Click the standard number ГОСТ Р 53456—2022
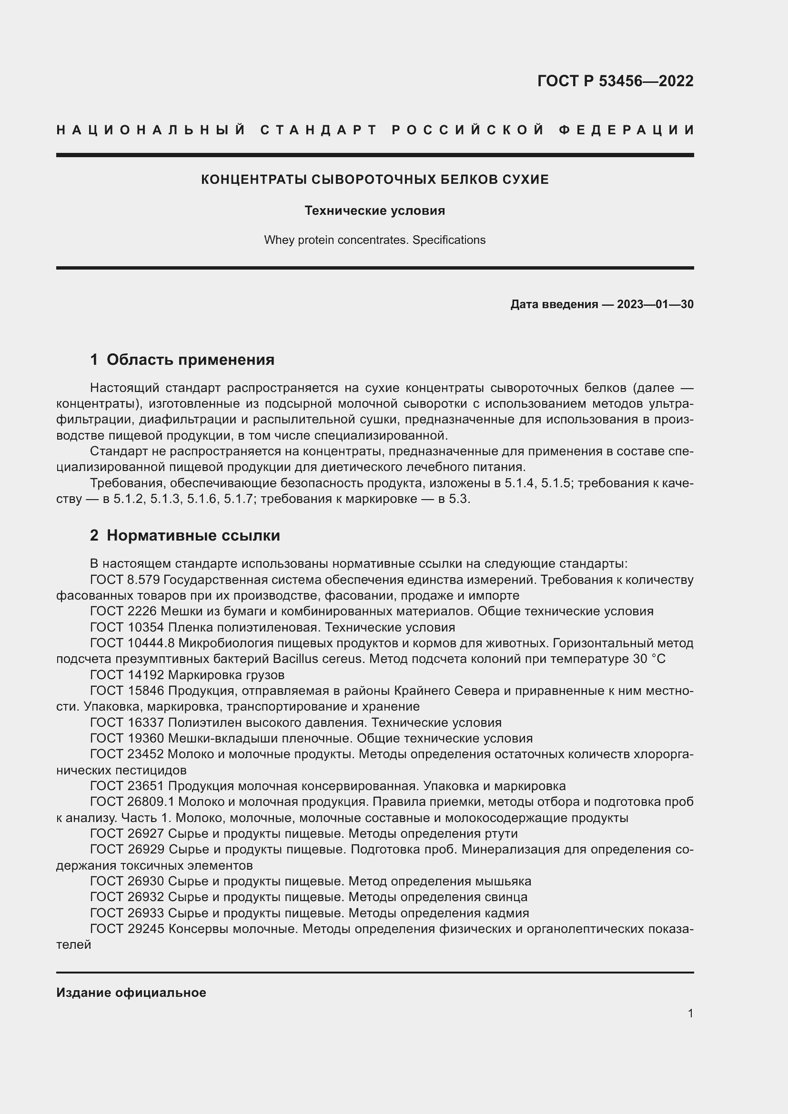click(615, 81)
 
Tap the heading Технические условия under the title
click(374, 211)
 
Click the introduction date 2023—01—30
click(655, 304)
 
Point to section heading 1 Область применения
click(182, 360)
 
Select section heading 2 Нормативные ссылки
click(185, 535)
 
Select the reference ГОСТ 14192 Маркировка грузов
click(187, 675)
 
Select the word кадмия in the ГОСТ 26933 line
click(506, 913)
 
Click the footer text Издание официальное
click(131, 993)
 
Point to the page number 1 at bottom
click(690, 1013)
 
